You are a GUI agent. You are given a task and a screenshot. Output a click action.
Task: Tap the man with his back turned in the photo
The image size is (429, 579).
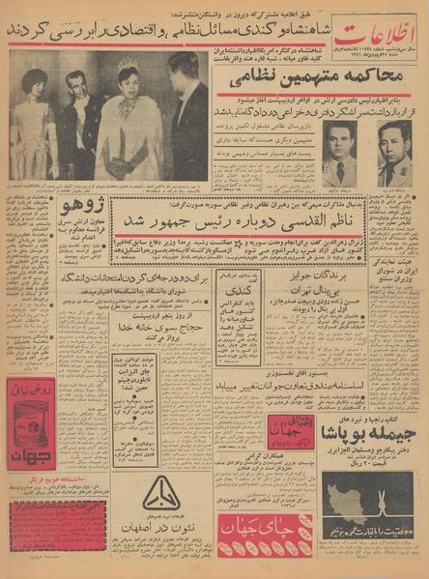click(186, 116)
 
